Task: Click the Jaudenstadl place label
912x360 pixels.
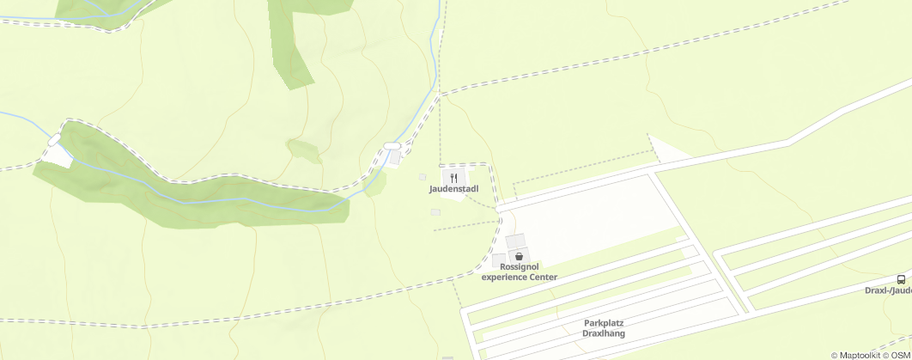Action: pyautogui.click(x=453, y=189)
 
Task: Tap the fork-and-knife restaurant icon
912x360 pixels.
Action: pyautogui.click(x=453, y=178)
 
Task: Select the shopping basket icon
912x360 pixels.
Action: pyautogui.click(x=519, y=256)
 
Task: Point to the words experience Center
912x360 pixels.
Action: pyautogui.click(x=520, y=278)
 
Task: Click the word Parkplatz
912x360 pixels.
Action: pyautogui.click(x=603, y=323)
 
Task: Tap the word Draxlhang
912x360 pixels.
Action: pyautogui.click(x=603, y=333)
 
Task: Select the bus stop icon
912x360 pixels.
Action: pyautogui.click(x=901, y=279)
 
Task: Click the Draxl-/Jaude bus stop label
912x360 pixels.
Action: pyautogui.click(x=888, y=290)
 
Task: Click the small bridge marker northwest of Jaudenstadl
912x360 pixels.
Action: pyautogui.click(x=392, y=146)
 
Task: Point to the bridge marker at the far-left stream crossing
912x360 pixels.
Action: pyautogui.click(x=55, y=139)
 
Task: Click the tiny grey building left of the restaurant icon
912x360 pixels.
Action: pyautogui.click(x=422, y=177)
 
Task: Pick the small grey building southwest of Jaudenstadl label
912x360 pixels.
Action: pyautogui.click(x=435, y=212)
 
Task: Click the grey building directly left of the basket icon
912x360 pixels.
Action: pyautogui.click(x=499, y=259)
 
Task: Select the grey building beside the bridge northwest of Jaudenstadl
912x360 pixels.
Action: pyautogui.click(x=395, y=157)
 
